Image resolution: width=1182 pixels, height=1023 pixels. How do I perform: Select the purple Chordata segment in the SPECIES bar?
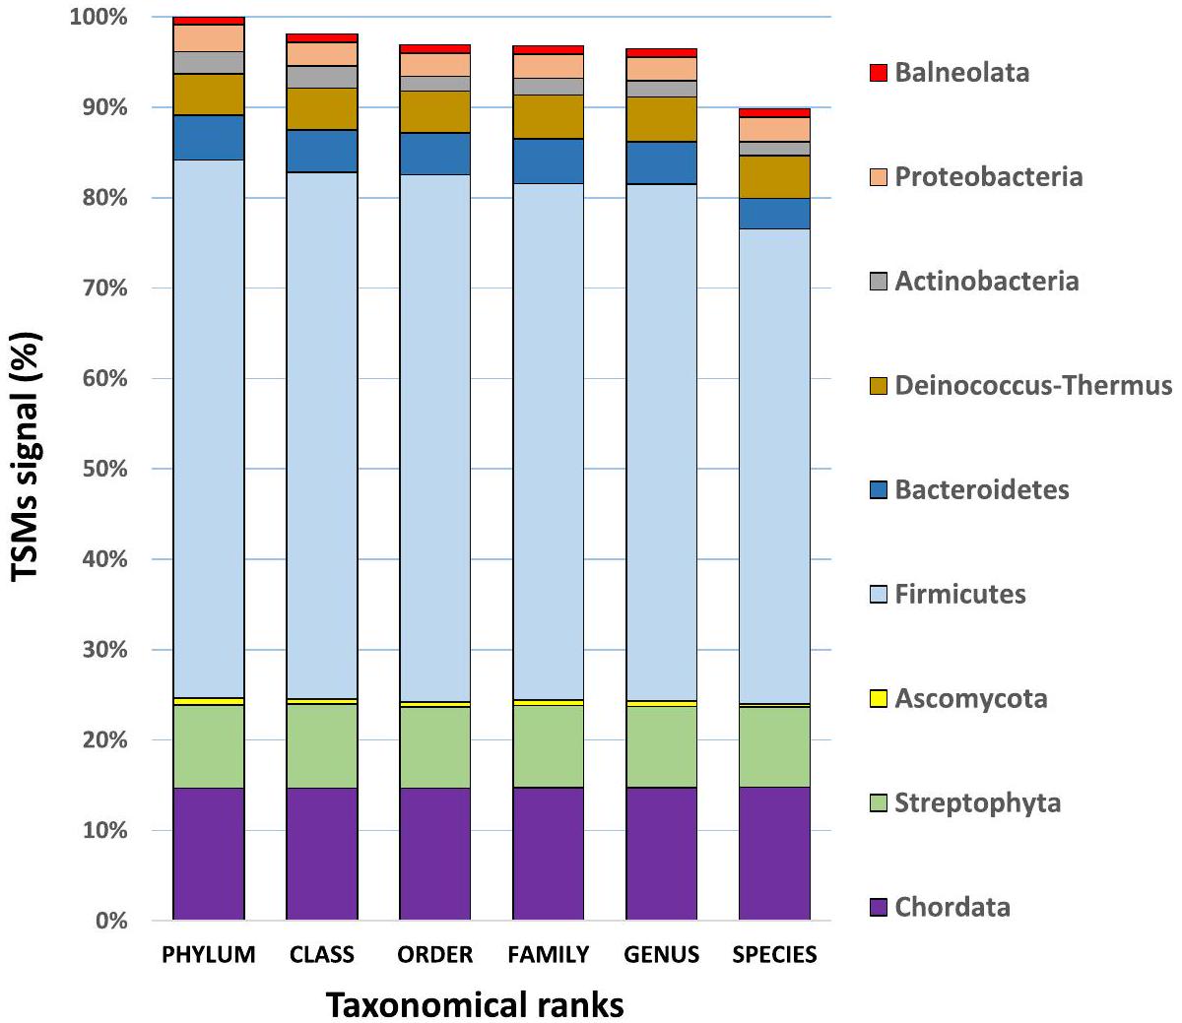tap(774, 853)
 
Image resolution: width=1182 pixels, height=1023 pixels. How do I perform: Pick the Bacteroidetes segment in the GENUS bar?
tap(661, 162)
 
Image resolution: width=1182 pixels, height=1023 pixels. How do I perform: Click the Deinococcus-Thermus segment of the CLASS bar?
tap(321, 109)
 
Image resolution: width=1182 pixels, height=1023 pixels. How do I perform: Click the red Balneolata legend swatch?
tap(879, 73)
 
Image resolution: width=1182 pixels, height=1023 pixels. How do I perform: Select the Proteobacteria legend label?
tap(988, 177)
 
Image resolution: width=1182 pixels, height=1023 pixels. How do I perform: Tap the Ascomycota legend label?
tap(970, 699)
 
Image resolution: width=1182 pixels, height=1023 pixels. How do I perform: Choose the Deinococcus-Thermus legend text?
tap(1033, 385)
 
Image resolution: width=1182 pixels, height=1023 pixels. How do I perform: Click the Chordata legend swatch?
tap(879, 907)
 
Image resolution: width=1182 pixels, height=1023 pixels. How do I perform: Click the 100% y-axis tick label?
tap(99, 18)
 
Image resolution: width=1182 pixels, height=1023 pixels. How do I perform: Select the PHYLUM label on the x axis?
tap(208, 954)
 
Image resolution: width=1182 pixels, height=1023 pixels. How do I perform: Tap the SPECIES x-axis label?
tap(774, 954)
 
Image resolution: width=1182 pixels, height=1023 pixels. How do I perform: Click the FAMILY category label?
tap(548, 954)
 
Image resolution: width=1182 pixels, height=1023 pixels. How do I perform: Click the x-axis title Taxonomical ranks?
tap(475, 1005)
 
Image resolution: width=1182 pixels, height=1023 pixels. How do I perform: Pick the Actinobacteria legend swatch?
tap(879, 282)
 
